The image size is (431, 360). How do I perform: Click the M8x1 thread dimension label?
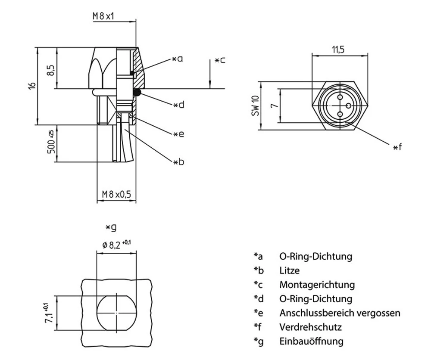click(x=105, y=16)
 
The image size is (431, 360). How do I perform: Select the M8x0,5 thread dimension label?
click(x=116, y=195)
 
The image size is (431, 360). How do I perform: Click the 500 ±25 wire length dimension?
click(x=50, y=143)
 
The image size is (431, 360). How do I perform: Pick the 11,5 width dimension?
click(x=338, y=50)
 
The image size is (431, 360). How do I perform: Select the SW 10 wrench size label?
click(x=255, y=105)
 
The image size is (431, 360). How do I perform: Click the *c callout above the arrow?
click(x=220, y=60)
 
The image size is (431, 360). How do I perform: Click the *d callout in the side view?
click(x=178, y=105)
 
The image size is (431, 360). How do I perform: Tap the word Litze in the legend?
click(x=289, y=271)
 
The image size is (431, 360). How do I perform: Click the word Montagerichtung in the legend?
click(x=317, y=285)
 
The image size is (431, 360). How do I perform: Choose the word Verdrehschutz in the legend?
click(x=310, y=327)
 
